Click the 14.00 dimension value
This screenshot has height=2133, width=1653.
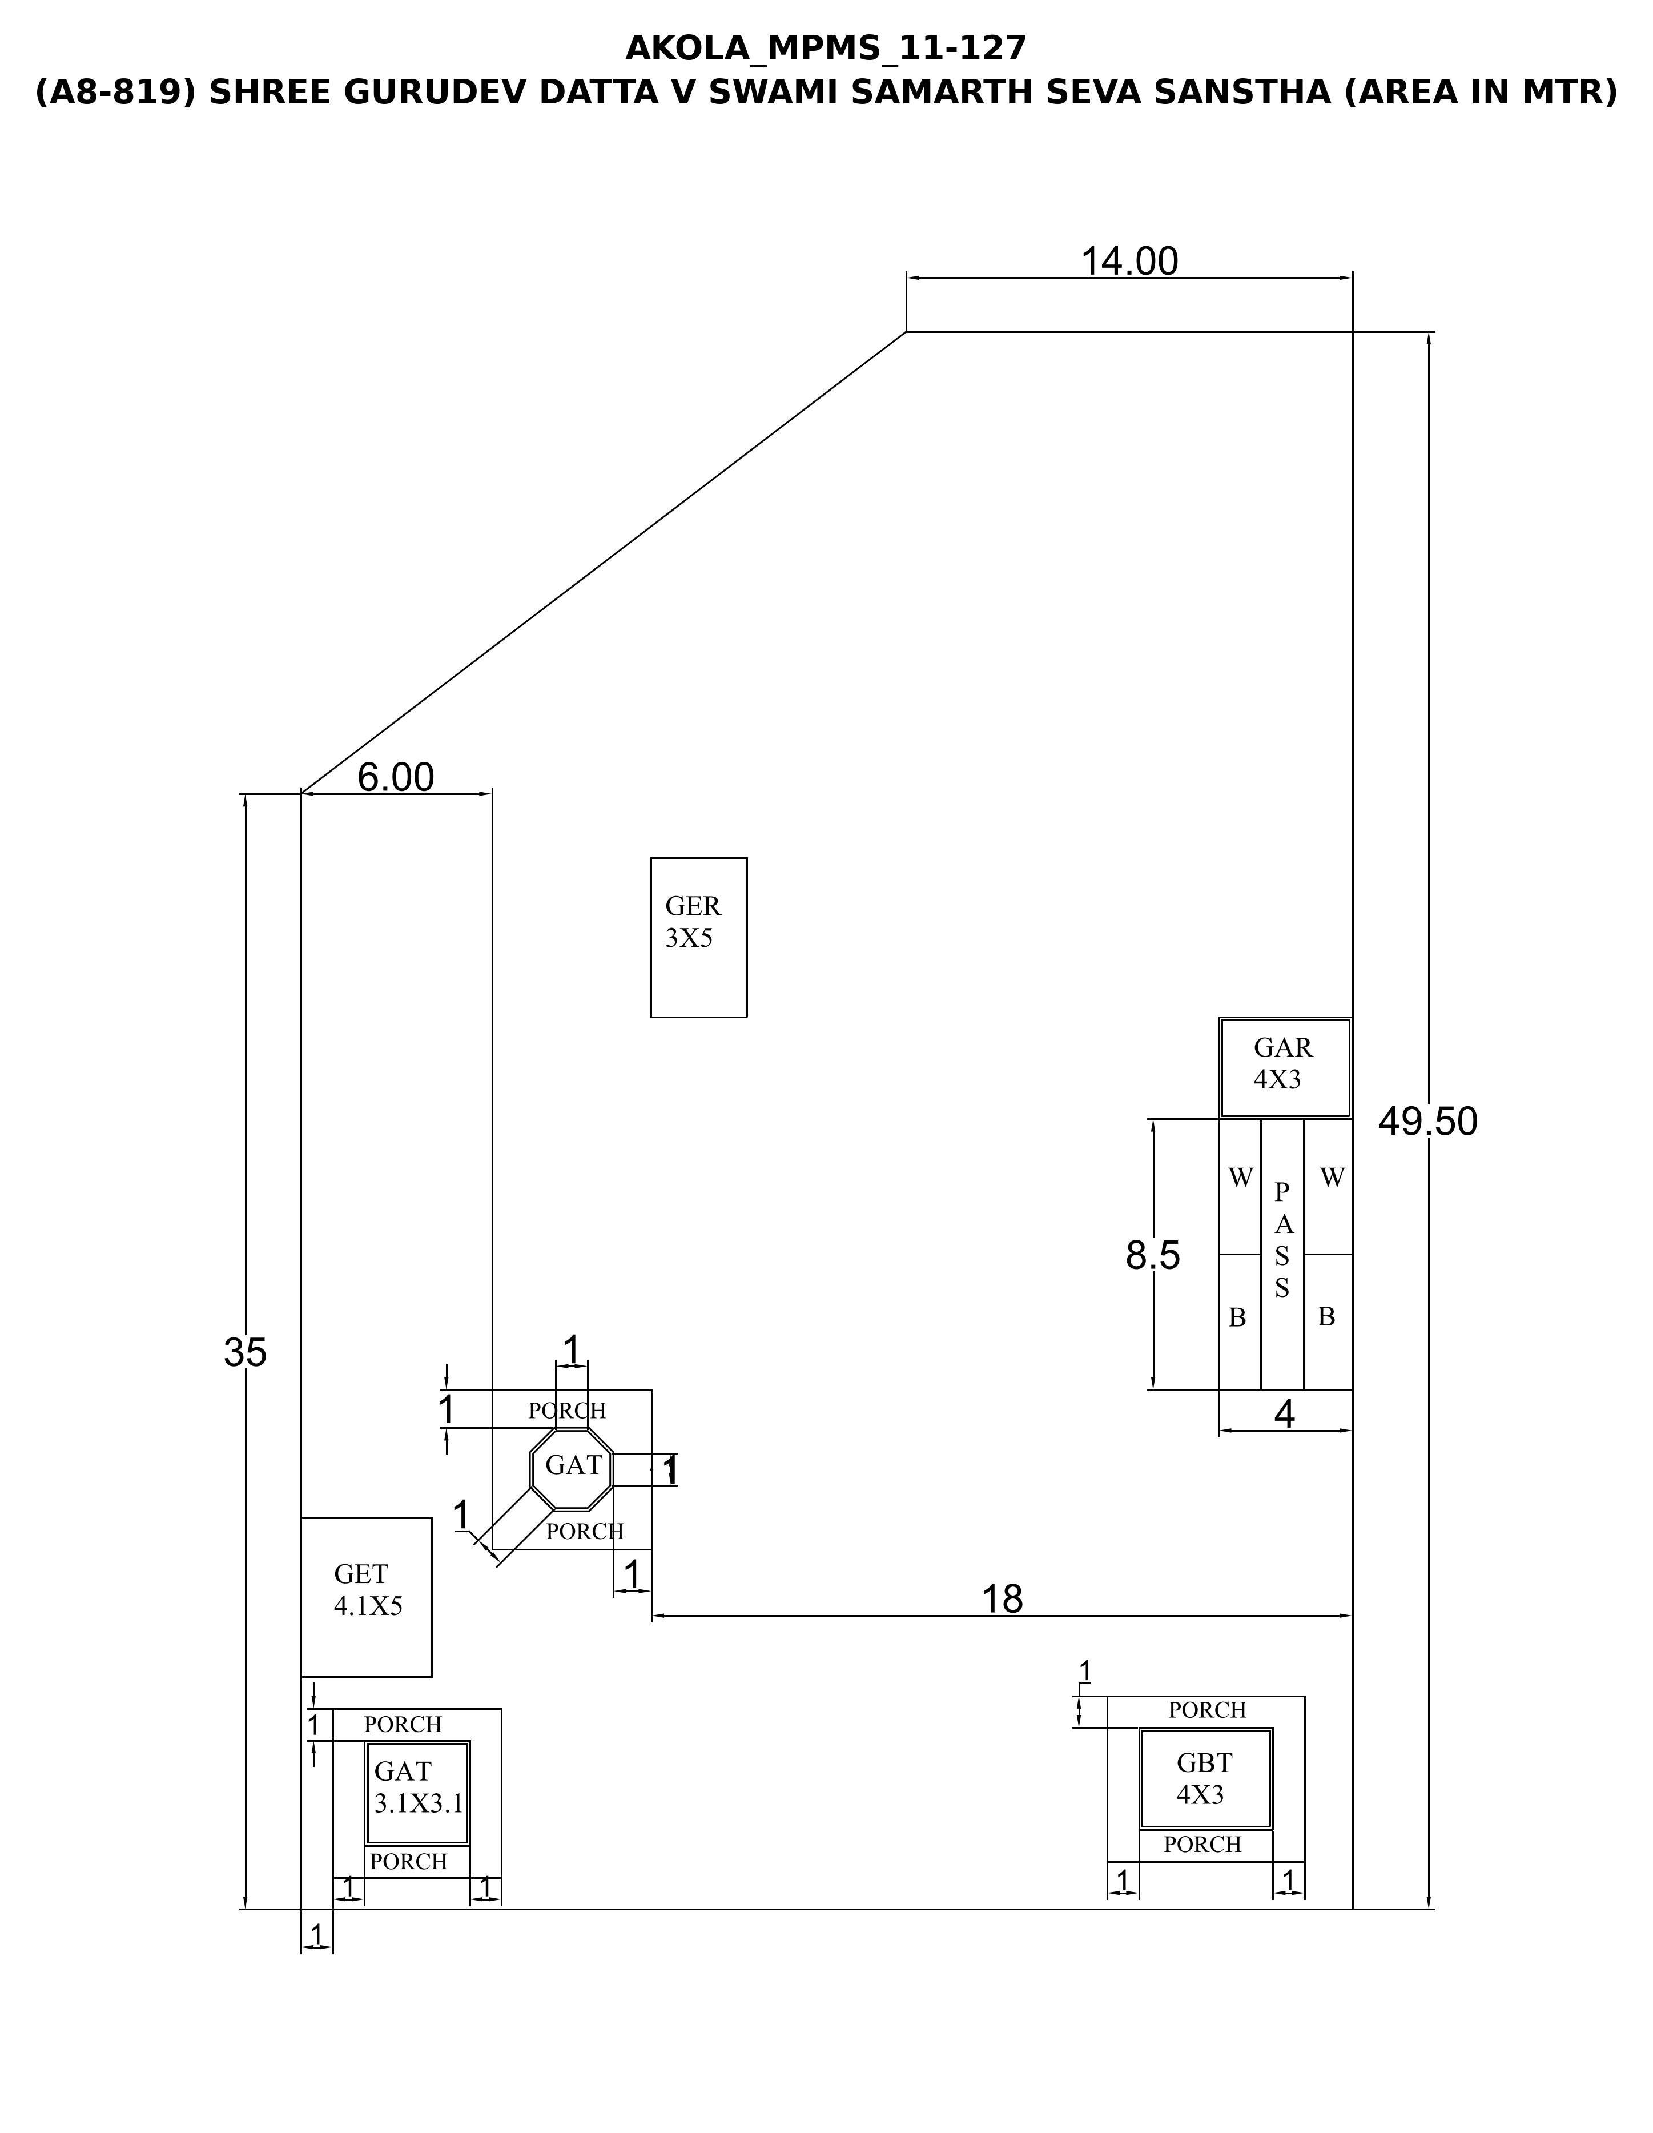[x=1129, y=262]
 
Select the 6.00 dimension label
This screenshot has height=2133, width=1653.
[x=396, y=777]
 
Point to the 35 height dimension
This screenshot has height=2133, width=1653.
[x=245, y=1353]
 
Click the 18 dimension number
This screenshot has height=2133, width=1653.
[x=1002, y=1600]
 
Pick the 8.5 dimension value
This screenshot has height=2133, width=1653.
[x=1153, y=1255]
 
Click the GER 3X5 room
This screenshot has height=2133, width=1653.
[x=699, y=938]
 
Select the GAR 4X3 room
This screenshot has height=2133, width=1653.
[x=1285, y=1067]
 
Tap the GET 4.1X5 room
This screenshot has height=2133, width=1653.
[x=366, y=1597]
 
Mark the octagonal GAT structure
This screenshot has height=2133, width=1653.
[x=572, y=1465]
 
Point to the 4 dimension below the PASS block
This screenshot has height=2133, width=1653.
[x=1285, y=1414]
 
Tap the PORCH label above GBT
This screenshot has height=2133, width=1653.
[x=1208, y=1710]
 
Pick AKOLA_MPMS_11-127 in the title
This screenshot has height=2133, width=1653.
[x=826, y=48]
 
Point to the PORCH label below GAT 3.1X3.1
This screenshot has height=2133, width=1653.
[x=408, y=1862]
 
